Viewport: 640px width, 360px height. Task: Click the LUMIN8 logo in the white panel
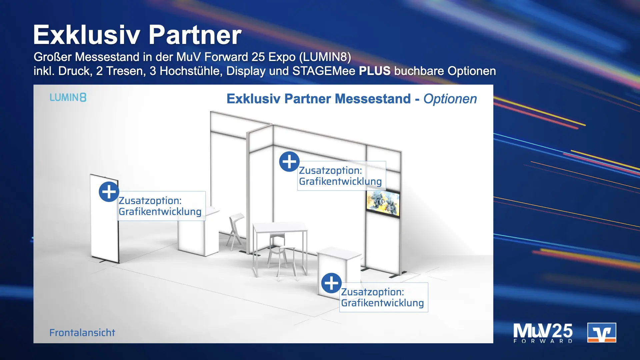(x=68, y=97)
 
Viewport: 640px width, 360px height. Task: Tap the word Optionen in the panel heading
(x=450, y=99)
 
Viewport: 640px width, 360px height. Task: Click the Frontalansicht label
(x=82, y=333)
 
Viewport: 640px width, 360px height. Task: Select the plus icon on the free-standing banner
(x=109, y=192)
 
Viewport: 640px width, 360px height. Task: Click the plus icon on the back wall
(x=289, y=162)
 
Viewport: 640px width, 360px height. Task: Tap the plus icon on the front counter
(x=331, y=283)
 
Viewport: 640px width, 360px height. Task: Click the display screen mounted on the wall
(x=383, y=203)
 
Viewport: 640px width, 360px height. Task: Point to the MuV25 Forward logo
(x=543, y=333)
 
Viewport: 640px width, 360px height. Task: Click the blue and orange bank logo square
(x=601, y=333)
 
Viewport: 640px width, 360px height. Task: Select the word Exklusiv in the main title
(x=86, y=35)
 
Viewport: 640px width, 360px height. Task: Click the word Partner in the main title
(x=195, y=35)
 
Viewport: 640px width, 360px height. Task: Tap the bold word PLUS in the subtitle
(x=374, y=71)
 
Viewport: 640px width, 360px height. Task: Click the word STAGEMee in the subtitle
(x=324, y=71)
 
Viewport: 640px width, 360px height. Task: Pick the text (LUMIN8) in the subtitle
(x=325, y=57)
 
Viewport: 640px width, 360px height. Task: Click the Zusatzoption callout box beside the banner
(x=161, y=206)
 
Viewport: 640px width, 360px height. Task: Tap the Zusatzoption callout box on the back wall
(x=341, y=176)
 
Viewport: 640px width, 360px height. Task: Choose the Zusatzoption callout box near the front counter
(x=383, y=297)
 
